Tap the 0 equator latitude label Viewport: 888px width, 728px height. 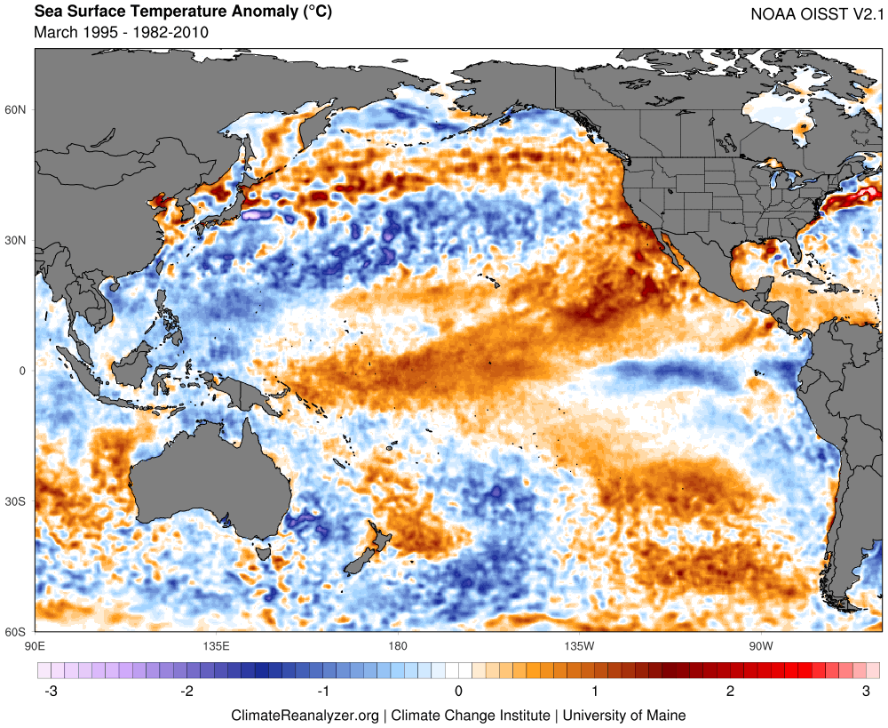pos(24,372)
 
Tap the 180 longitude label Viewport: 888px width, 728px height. pos(397,645)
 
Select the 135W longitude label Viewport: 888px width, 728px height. pos(578,645)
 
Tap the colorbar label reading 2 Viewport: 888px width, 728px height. pos(731,692)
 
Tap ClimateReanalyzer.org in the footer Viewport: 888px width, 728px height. pos(305,715)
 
